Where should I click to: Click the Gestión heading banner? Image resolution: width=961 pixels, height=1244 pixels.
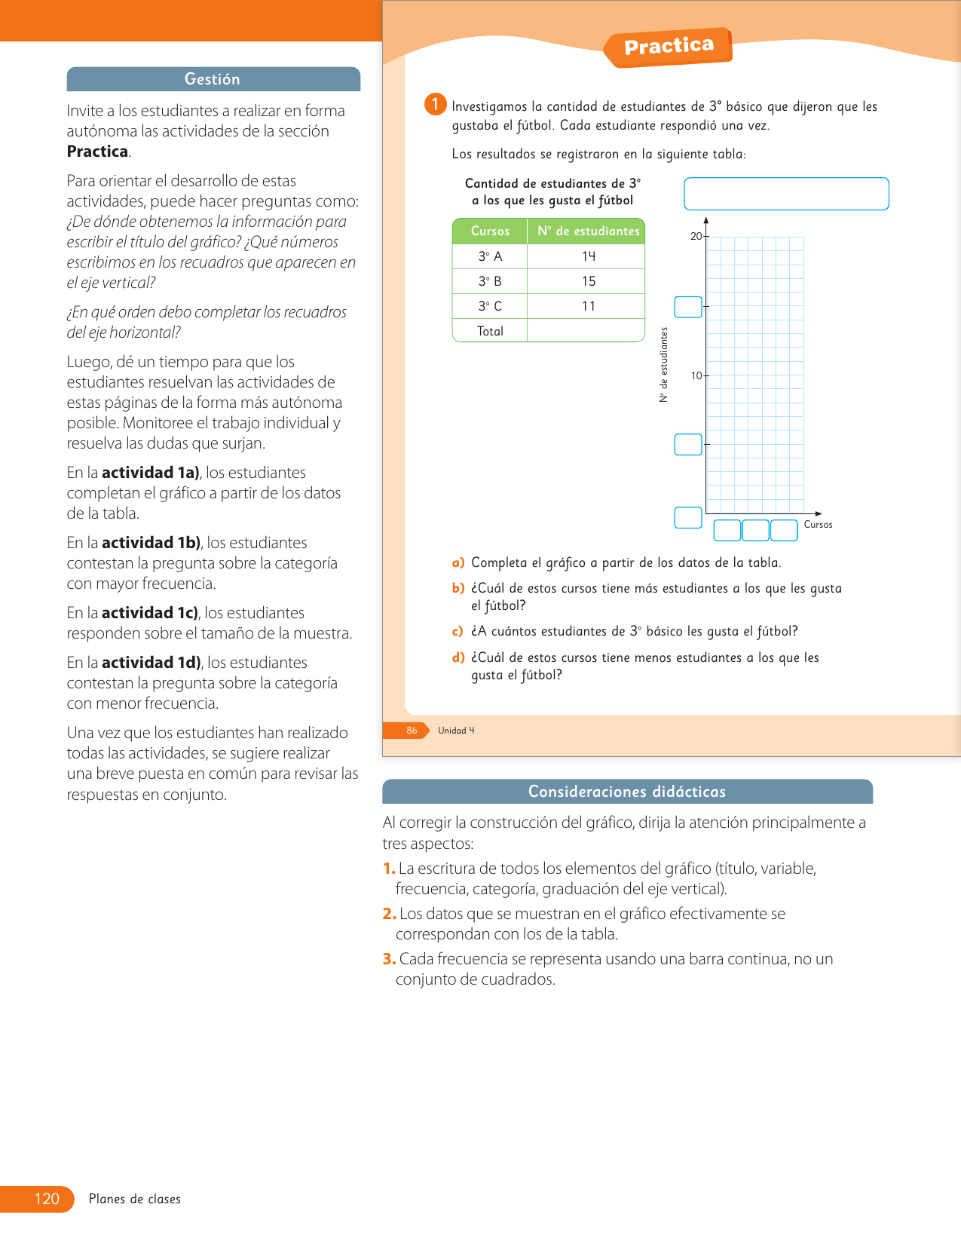[x=213, y=79]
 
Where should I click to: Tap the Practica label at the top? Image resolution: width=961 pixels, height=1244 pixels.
[x=669, y=47]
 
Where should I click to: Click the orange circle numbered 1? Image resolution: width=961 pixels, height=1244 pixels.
[x=435, y=104]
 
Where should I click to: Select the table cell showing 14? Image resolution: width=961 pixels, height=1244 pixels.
[x=588, y=256]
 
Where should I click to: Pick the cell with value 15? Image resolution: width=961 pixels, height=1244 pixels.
[x=588, y=281]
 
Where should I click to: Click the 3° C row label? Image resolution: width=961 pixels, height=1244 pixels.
[x=490, y=306]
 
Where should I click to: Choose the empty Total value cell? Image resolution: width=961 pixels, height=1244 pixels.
[x=586, y=331]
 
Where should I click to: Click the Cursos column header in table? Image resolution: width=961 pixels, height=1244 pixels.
[x=490, y=231]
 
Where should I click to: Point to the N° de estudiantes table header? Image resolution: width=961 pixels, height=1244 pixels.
[x=588, y=231]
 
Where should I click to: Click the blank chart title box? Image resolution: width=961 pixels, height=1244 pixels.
[x=786, y=194]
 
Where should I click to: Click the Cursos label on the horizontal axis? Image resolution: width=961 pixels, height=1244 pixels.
[x=818, y=525]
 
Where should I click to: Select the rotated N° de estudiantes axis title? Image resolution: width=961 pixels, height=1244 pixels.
[x=664, y=365]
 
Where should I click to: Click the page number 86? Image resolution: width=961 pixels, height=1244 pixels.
[x=412, y=731]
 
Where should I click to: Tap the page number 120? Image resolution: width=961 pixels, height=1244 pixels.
[x=47, y=1199]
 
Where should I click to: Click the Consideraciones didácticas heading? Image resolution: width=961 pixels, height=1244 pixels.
[x=627, y=792]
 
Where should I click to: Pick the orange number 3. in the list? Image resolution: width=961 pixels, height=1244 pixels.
[x=389, y=959]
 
